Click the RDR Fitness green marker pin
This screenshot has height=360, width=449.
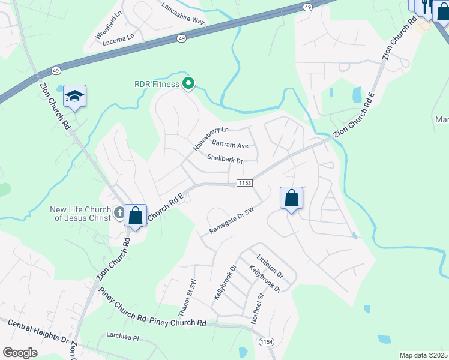[188, 84]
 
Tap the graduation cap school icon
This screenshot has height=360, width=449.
[75, 97]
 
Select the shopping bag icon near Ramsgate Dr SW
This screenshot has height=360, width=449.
[291, 198]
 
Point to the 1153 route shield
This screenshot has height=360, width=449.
[244, 182]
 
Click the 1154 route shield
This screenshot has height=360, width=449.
[267, 341]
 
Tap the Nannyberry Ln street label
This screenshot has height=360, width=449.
[211, 139]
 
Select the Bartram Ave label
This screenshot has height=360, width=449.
[230, 145]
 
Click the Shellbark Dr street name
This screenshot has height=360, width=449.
[224, 160]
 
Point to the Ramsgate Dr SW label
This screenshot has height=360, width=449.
[233, 221]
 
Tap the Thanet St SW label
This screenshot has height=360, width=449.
[187, 298]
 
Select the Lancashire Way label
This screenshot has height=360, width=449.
[183, 13]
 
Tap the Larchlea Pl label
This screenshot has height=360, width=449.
[122, 338]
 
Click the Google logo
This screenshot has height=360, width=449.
[20, 353]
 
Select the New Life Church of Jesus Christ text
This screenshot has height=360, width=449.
[80, 214]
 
